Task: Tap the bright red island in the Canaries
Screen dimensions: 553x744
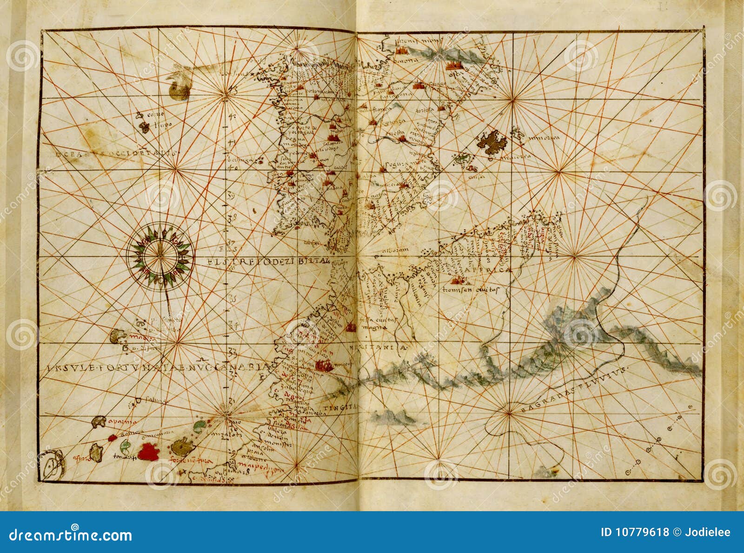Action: click(148, 451)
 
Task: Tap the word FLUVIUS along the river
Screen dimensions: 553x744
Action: click(604, 376)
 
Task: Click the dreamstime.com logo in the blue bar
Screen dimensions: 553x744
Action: click(71, 534)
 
